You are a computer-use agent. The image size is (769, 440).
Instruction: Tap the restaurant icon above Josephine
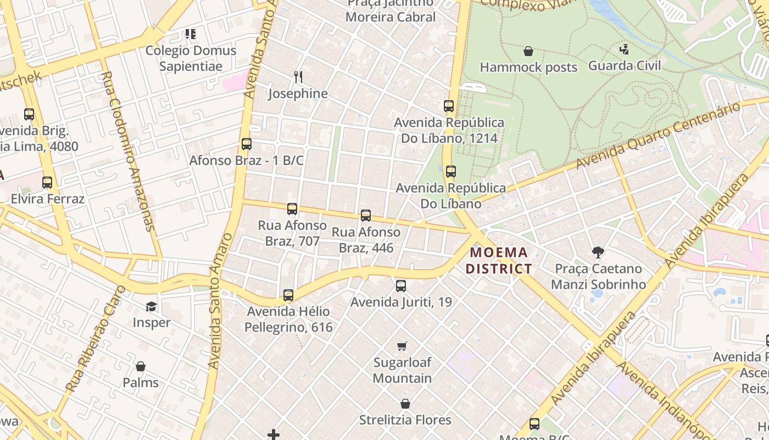pyautogui.click(x=298, y=76)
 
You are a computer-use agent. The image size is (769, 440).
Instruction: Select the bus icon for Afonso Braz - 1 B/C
pyautogui.click(x=247, y=144)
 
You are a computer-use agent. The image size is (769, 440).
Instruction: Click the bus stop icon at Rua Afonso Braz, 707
pyautogui.click(x=292, y=209)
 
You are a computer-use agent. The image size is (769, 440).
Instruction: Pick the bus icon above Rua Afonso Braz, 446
pyautogui.click(x=366, y=216)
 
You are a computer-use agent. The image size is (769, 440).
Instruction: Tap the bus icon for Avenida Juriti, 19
pyautogui.click(x=401, y=286)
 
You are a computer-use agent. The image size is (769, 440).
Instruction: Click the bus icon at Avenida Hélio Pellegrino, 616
pyautogui.click(x=288, y=295)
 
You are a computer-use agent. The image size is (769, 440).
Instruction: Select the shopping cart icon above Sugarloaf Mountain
pyautogui.click(x=402, y=346)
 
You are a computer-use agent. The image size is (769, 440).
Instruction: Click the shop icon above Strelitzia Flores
pyautogui.click(x=405, y=404)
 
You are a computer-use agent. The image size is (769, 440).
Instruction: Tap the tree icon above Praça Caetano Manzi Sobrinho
pyautogui.click(x=598, y=252)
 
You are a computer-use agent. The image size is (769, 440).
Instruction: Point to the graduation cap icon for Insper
pyautogui.click(x=151, y=306)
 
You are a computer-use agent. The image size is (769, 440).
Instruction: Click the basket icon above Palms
pyautogui.click(x=141, y=366)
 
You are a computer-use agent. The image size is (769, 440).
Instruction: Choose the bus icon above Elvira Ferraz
pyautogui.click(x=47, y=183)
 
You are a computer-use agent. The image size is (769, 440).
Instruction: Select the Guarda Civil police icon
pyautogui.click(x=624, y=50)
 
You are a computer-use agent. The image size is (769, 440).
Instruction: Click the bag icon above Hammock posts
pyautogui.click(x=528, y=51)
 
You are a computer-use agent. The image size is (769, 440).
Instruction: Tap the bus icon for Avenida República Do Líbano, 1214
pyautogui.click(x=449, y=106)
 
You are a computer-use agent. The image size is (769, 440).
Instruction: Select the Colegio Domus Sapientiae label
pyautogui.click(x=191, y=58)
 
